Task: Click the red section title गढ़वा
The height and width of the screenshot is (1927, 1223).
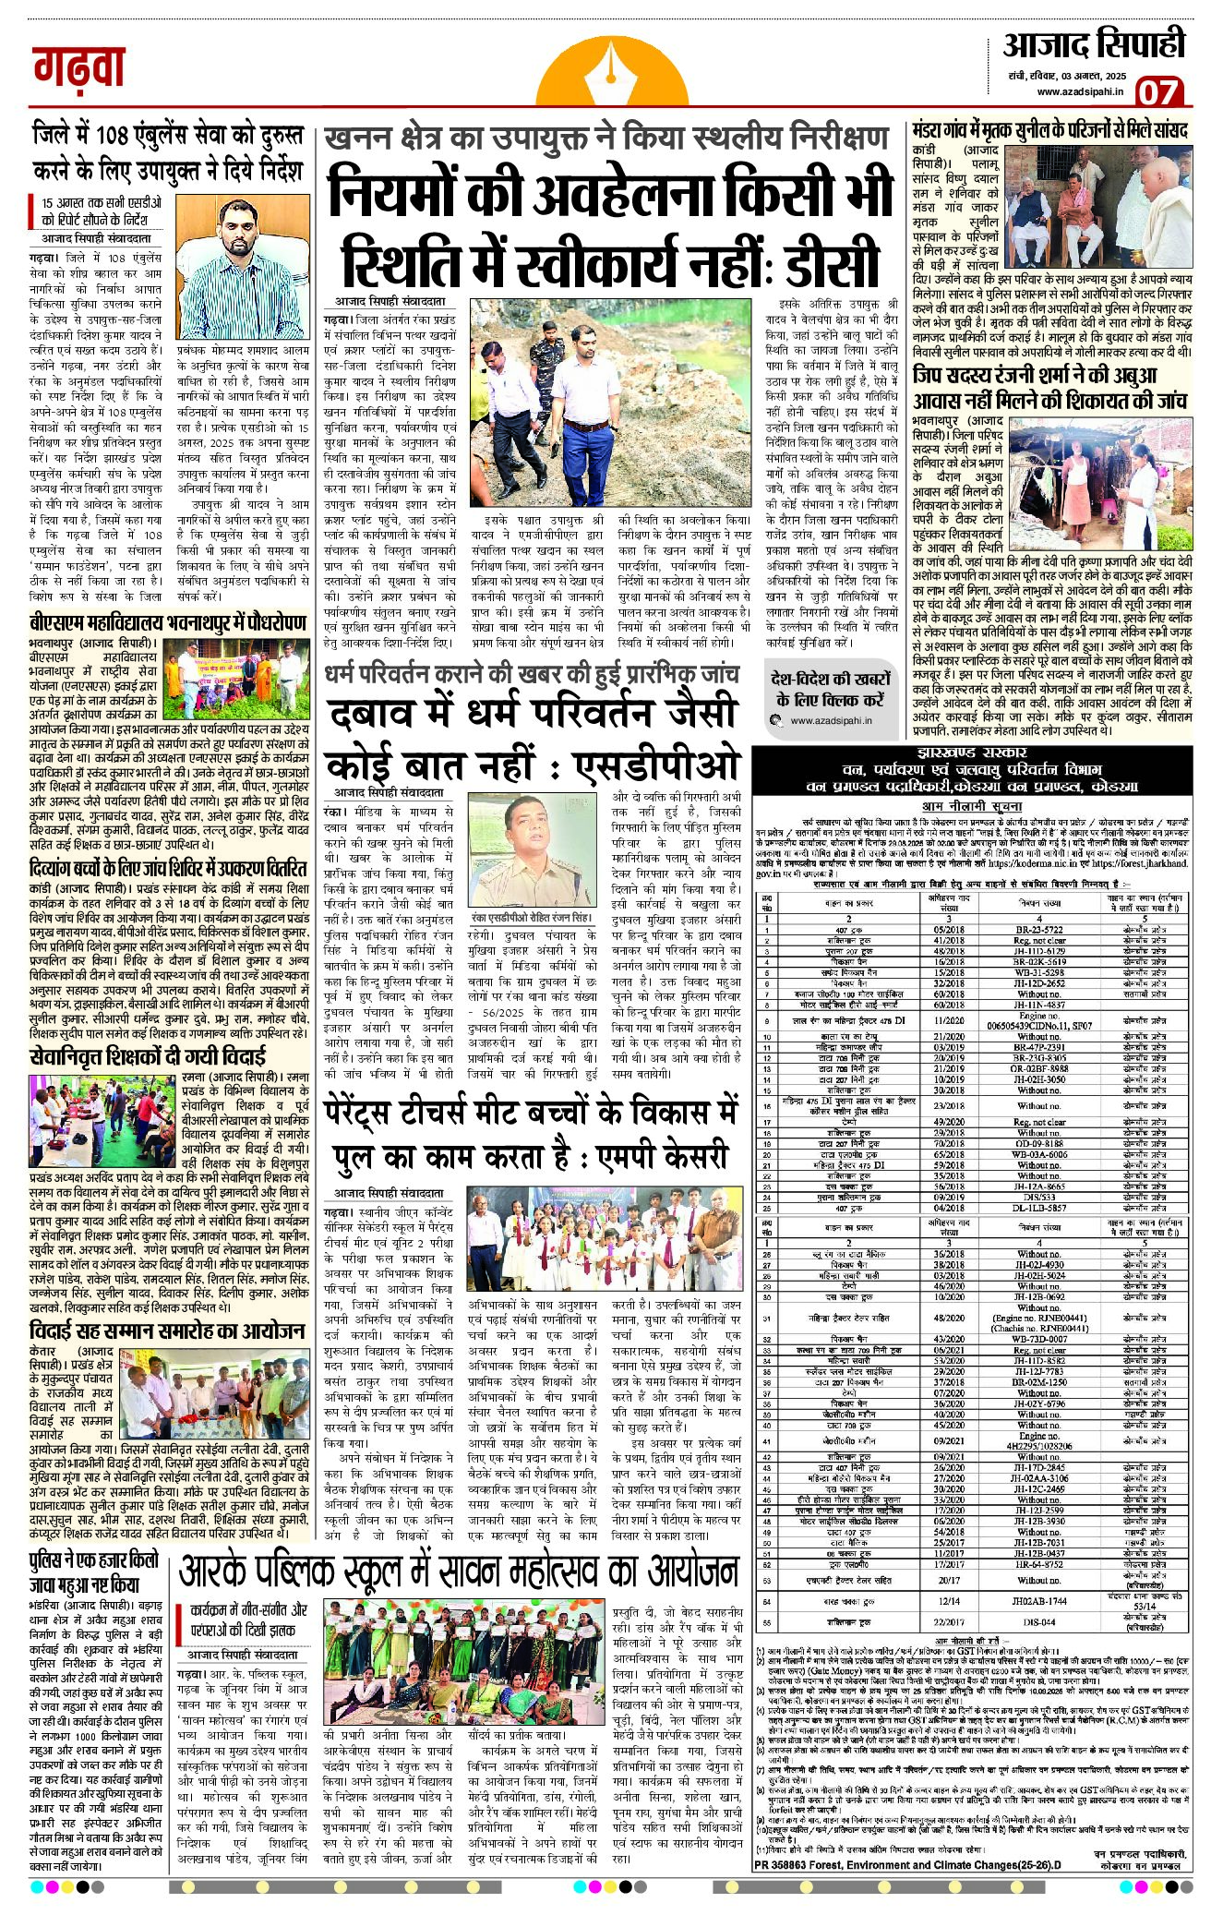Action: click(78, 68)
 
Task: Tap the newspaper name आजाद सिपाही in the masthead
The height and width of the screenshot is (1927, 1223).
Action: click(1094, 45)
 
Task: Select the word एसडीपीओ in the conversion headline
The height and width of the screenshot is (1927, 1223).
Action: click(656, 765)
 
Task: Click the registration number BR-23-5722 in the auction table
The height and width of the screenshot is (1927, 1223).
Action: click(1038, 930)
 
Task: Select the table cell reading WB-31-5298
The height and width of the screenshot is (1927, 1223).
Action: click(1038, 972)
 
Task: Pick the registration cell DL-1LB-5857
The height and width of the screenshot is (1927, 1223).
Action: click(1038, 1207)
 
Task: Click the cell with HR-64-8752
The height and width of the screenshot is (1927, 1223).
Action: click(1038, 1564)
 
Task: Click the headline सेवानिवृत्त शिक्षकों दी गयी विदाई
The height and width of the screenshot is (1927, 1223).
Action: click(148, 1057)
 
